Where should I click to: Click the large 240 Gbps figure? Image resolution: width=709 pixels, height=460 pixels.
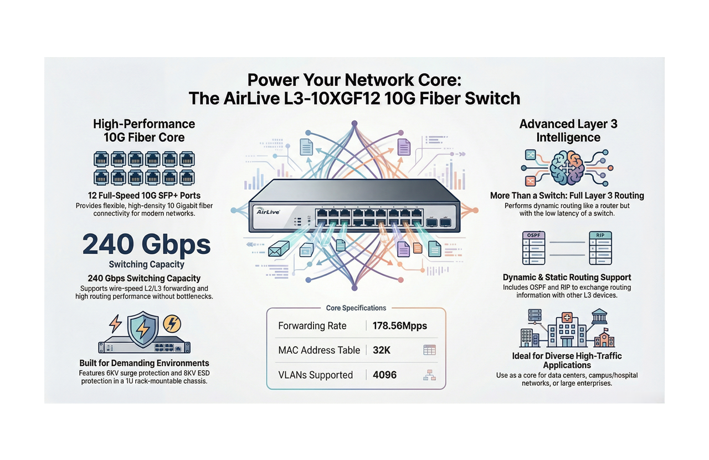(147, 244)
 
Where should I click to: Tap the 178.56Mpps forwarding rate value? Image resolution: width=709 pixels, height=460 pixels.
(400, 326)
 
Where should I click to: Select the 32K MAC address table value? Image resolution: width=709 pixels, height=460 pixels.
(382, 350)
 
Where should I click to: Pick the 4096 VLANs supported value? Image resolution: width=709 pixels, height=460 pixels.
(385, 375)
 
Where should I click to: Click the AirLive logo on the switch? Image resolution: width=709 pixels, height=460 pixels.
(270, 211)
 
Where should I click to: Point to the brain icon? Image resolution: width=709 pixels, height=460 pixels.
(567, 167)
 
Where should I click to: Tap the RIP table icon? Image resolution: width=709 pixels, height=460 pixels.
(600, 248)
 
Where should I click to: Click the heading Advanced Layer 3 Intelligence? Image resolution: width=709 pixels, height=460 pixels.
(568, 131)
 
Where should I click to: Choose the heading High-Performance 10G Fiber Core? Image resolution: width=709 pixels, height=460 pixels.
(144, 131)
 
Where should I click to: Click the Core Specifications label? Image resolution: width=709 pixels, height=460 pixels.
(356, 308)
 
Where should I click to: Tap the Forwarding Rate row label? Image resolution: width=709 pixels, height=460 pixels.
(312, 326)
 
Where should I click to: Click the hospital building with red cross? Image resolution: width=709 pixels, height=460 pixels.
(567, 330)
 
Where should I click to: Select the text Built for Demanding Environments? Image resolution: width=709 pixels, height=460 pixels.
(144, 364)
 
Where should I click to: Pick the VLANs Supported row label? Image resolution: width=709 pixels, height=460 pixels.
(315, 375)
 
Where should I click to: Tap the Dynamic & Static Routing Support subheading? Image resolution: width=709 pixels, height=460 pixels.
(567, 277)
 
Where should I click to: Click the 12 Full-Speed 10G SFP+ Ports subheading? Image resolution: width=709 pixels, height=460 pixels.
(144, 196)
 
